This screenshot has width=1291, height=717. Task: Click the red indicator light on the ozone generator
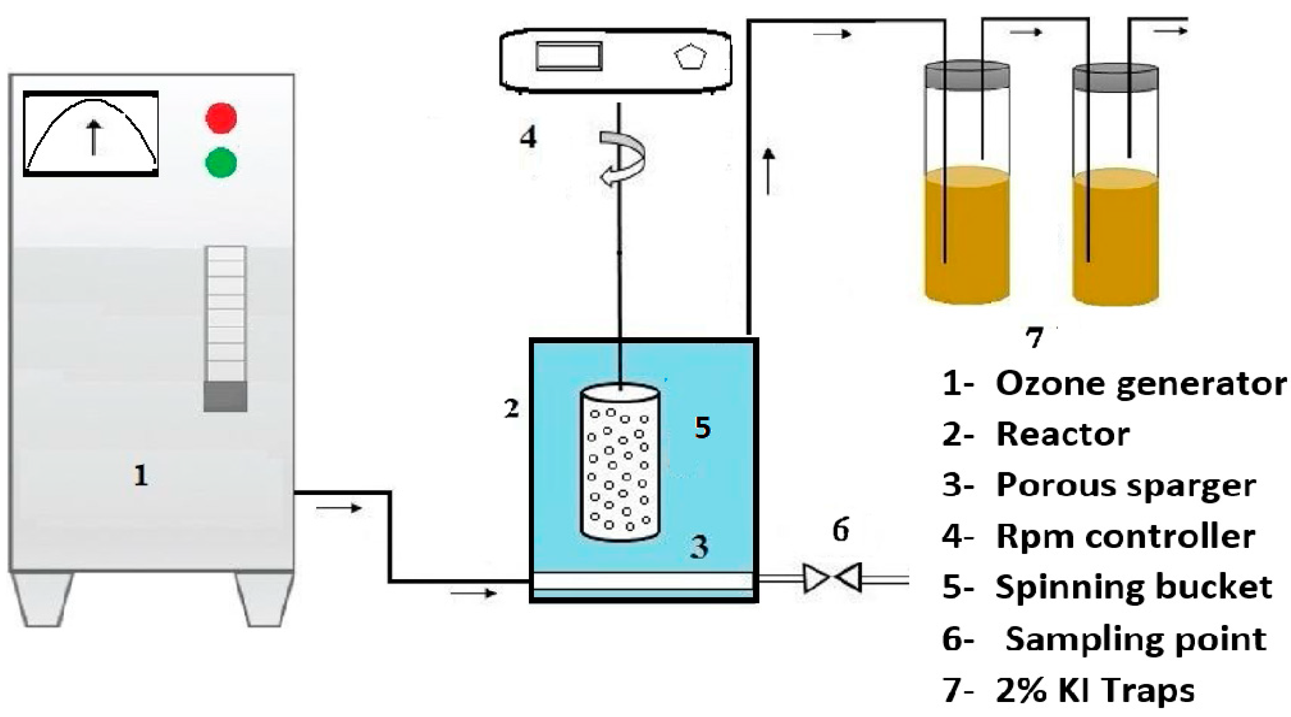click(221, 118)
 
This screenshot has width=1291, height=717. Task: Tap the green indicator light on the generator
click(221, 162)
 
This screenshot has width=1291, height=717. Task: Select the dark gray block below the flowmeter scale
click(225, 397)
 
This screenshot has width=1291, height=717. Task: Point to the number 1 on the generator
click(141, 475)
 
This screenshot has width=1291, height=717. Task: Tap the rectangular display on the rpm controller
click(569, 56)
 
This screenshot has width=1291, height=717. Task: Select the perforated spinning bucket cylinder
click(620, 464)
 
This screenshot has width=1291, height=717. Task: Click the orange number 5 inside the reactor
click(702, 428)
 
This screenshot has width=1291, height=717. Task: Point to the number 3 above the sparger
click(699, 546)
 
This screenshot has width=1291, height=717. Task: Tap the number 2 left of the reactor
click(512, 409)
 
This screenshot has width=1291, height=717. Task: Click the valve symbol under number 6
click(832, 578)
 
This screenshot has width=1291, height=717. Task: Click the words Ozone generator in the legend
click(1141, 384)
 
